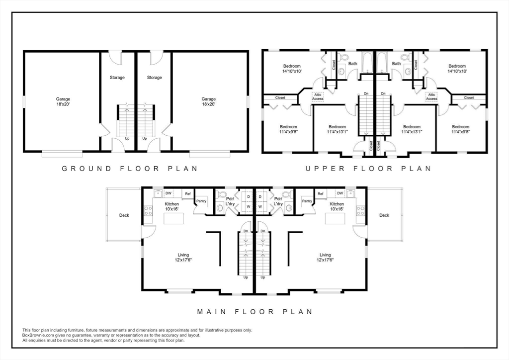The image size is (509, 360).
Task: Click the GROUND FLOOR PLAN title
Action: [x=130, y=169]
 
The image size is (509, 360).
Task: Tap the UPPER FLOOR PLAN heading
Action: [x=368, y=169]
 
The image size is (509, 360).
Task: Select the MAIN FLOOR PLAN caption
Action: [x=254, y=312]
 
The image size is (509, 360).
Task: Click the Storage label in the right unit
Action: [x=155, y=78]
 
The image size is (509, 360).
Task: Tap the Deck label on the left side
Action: [x=124, y=215]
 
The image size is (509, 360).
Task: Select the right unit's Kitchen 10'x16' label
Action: [x=337, y=207]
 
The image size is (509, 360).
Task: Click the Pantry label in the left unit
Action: [x=201, y=201]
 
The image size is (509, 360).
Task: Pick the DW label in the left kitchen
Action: [x=169, y=193]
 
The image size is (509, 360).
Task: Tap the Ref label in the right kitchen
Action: [x=321, y=193]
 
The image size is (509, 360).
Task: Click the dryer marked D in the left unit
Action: [x=248, y=196]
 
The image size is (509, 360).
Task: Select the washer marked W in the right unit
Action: [x=260, y=205]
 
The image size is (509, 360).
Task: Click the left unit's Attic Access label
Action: [x=318, y=96]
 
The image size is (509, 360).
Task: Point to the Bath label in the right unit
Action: [x=396, y=64]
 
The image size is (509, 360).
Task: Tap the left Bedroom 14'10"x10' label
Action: [x=292, y=69]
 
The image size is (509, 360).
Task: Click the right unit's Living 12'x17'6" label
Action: [x=325, y=257]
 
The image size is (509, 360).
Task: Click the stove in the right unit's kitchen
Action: [x=360, y=210]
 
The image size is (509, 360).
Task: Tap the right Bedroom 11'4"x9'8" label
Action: [x=460, y=129]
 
